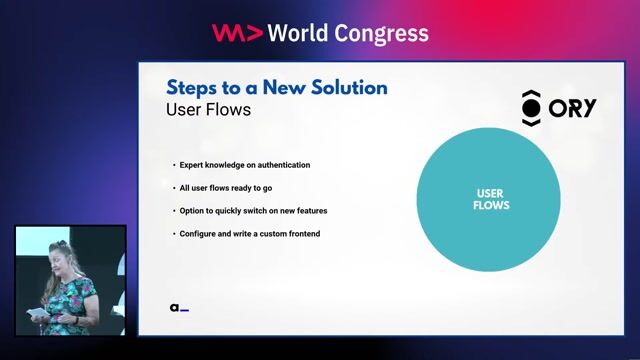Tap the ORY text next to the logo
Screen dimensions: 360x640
(573, 108)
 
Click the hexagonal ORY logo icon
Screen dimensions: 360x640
(532, 106)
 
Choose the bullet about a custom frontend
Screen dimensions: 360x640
(249, 234)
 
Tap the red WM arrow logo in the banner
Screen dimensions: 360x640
(237, 33)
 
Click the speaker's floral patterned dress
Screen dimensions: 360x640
(74, 300)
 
